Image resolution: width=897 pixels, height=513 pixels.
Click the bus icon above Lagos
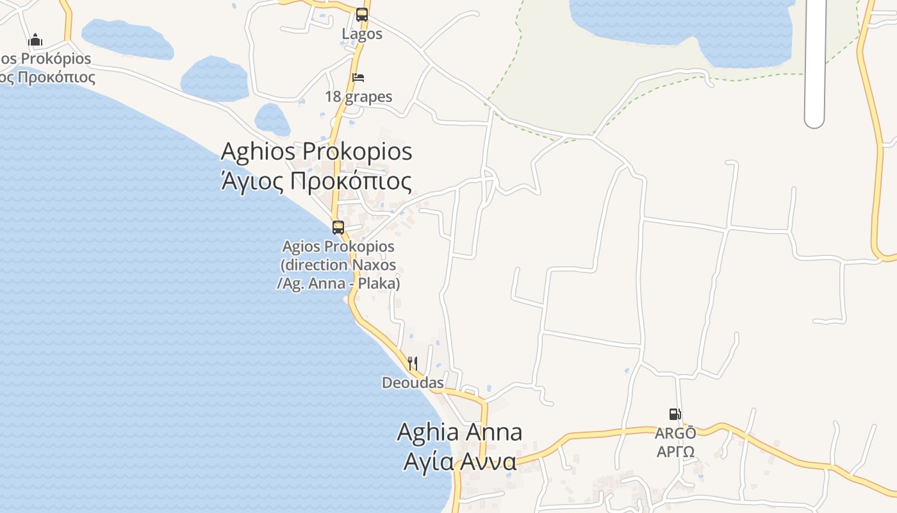(362, 14)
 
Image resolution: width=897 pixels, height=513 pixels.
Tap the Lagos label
(362, 33)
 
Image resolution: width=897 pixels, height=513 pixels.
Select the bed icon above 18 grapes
(358, 78)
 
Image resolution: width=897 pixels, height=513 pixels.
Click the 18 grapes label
(358, 97)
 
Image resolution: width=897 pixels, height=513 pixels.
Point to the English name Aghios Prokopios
(317, 152)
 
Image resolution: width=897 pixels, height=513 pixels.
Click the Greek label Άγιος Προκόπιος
(317, 181)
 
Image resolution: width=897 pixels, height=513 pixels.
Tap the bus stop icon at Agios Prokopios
(338, 227)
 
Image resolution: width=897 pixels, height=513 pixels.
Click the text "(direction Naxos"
(338, 265)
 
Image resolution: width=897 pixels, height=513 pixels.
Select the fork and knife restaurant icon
(413, 364)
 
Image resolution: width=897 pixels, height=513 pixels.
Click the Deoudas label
(413, 383)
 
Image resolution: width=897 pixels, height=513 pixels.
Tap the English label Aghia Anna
(459, 432)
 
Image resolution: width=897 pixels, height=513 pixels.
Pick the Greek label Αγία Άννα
(459, 461)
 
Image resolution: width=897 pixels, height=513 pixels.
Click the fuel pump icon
(675, 414)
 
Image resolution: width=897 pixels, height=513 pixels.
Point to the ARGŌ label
(675, 433)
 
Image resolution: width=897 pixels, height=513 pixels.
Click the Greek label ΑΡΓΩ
(675, 451)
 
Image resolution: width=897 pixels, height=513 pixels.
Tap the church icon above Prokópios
(35, 40)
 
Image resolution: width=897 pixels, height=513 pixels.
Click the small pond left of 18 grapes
(272, 119)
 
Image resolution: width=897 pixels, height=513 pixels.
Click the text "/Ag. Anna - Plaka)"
(338, 283)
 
